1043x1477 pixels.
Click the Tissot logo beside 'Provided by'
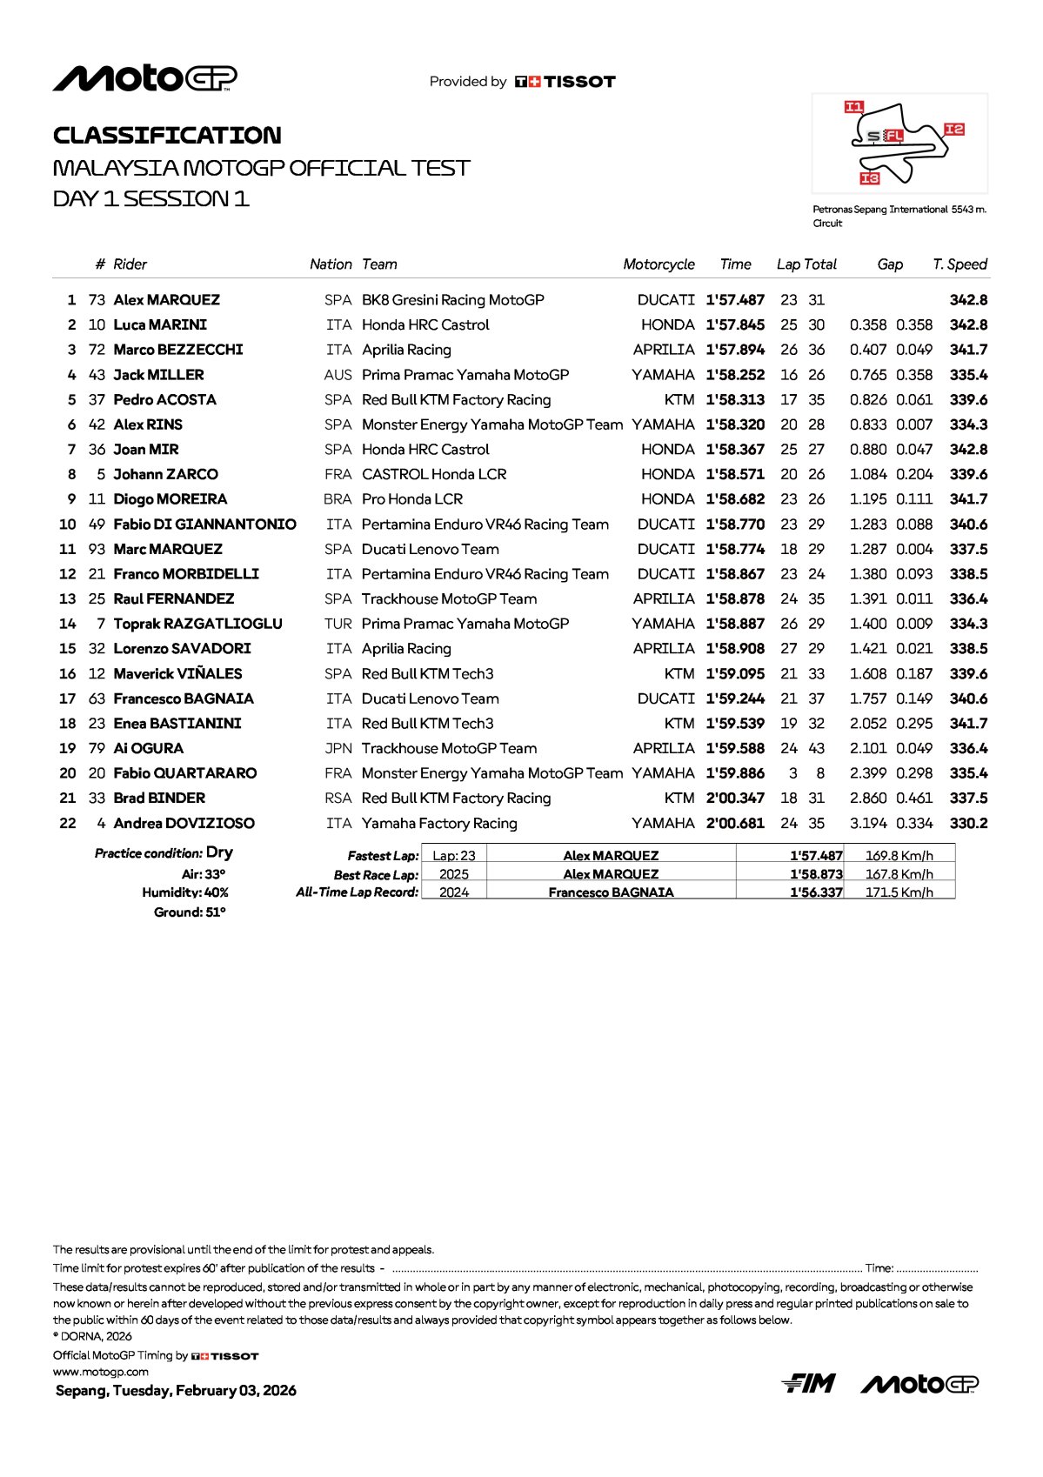565,82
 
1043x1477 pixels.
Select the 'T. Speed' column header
959,264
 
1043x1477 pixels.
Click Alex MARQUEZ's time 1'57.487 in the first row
735,300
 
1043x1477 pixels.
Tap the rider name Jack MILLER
158,375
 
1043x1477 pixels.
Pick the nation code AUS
338,375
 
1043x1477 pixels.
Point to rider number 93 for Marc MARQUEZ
97,550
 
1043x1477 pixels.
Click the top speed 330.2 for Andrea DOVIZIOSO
968,824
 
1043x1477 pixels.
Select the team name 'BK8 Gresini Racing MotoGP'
452,300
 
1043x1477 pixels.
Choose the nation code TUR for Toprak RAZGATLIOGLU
338,625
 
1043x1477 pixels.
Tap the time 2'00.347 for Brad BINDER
735,799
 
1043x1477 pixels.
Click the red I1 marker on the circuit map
854,107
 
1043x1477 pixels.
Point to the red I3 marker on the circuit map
870,178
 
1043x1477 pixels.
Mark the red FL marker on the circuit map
893,136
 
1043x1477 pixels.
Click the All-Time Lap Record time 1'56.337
816,892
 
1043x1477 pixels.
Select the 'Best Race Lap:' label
376,875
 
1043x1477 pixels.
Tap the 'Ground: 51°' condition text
190,912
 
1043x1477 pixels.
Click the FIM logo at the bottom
808,1383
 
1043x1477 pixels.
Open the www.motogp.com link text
100,1372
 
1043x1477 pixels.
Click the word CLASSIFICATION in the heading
167,136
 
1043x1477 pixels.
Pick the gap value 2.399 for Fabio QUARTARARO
868,773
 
